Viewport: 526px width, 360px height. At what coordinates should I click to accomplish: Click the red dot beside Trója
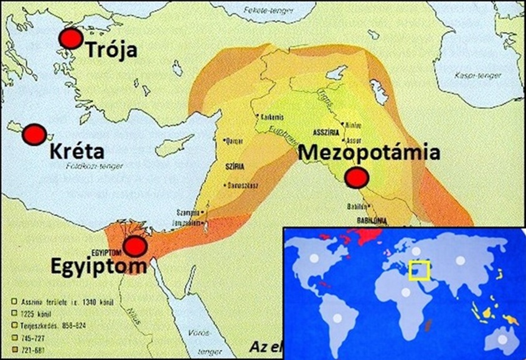click(70, 39)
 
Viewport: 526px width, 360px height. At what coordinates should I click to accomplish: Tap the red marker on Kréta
click(35, 133)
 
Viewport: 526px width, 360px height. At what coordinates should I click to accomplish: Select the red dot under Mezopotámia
click(355, 178)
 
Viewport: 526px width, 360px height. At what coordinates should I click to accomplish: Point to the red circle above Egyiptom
click(135, 247)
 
